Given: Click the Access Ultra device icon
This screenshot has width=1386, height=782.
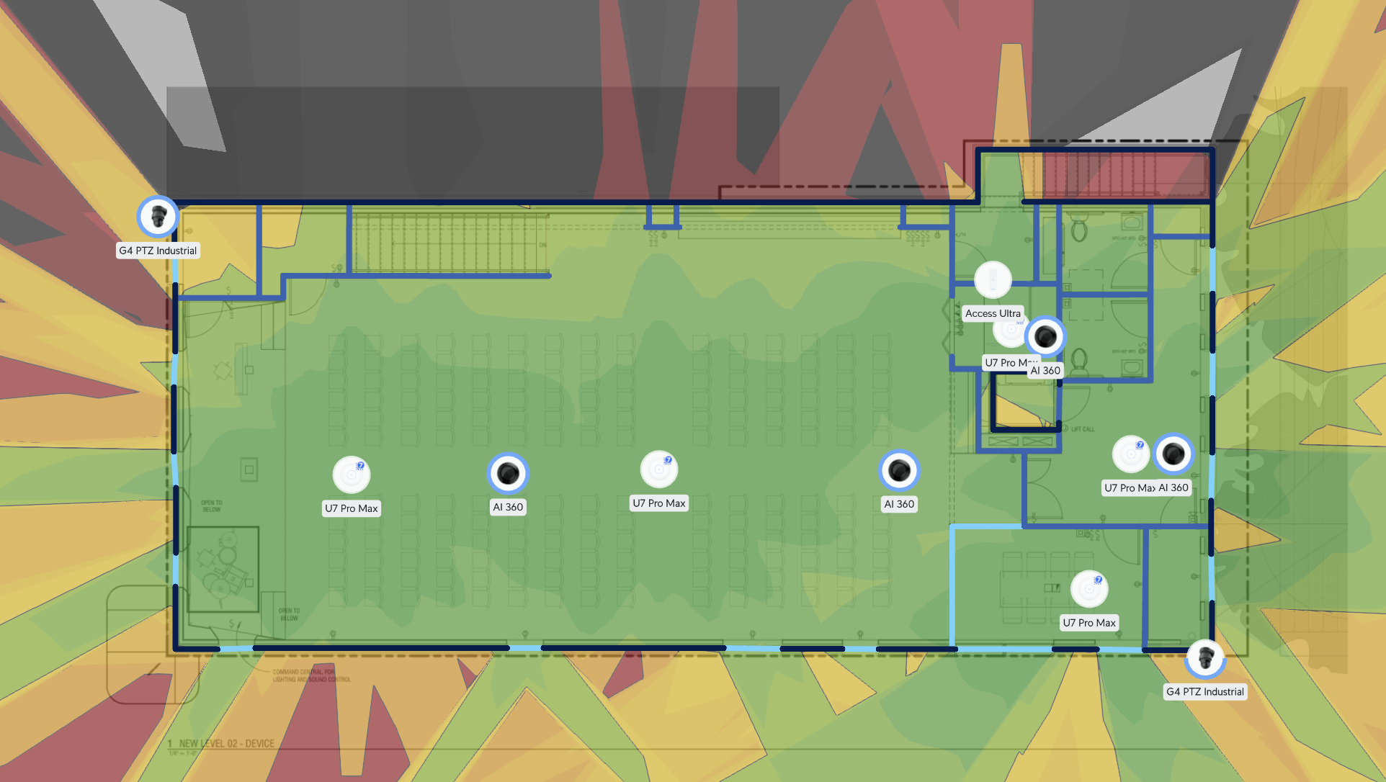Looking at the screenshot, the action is (993, 279).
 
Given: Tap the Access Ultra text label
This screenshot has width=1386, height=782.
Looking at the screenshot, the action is (993, 313).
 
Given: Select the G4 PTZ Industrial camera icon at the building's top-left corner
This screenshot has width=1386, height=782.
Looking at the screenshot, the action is (158, 216).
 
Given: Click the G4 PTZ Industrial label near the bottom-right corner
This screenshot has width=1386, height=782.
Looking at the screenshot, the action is (1205, 691).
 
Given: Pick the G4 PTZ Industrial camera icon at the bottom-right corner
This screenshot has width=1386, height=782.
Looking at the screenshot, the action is (1205, 657).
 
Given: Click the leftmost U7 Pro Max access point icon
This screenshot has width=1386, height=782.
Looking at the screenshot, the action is (352, 475).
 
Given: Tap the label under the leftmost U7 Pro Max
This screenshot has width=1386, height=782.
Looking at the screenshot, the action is (352, 508).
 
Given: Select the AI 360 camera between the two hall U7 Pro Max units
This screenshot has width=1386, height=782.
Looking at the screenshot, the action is (508, 473).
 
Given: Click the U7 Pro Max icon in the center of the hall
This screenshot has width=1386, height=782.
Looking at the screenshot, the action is (658, 469).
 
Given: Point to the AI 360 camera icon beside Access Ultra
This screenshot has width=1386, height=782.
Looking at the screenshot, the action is (1045, 336).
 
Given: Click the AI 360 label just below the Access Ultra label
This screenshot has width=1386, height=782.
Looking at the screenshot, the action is (1045, 371).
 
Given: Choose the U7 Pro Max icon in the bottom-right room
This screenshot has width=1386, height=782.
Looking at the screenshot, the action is (1089, 589).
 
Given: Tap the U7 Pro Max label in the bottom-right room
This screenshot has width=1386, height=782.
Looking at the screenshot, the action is (1089, 623).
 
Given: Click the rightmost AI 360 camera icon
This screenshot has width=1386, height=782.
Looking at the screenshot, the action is (1173, 454).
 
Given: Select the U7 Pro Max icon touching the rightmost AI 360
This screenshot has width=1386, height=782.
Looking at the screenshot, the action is (1130, 454).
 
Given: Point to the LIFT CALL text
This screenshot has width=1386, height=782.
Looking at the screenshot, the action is (1083, 429).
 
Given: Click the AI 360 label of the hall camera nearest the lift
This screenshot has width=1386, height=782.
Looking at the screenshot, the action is (899, 504).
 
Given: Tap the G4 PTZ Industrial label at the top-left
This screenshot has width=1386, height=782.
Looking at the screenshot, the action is (158, 251).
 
